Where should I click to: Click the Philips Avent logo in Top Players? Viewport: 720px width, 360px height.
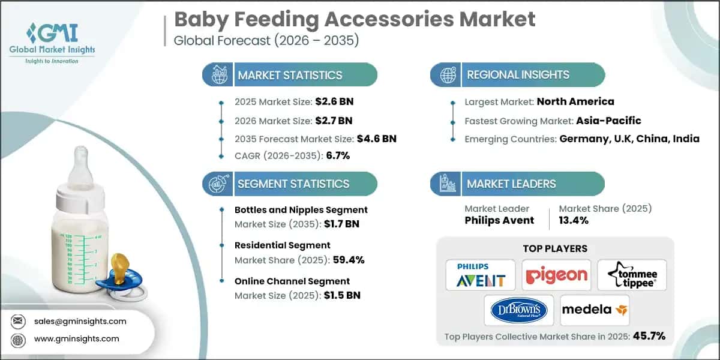[x=480, y=275]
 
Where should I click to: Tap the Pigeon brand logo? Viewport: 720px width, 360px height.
[x=556, y=275]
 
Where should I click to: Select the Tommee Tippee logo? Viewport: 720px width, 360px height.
[x=632, y=275]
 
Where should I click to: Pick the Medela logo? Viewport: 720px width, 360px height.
[x=595, y=310]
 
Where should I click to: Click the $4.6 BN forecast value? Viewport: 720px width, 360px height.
[x=377, y=139]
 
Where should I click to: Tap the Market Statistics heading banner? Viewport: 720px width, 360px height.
[x=290, y=75]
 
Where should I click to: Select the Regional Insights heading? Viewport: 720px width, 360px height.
[x=518, y=75]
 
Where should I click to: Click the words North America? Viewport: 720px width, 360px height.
[x=575, y=101]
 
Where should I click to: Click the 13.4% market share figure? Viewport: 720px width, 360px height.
[x=573, y=220]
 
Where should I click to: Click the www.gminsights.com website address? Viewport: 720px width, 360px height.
[x=77, y=339]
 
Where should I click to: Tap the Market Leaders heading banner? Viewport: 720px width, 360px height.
[x=518, y=184]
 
